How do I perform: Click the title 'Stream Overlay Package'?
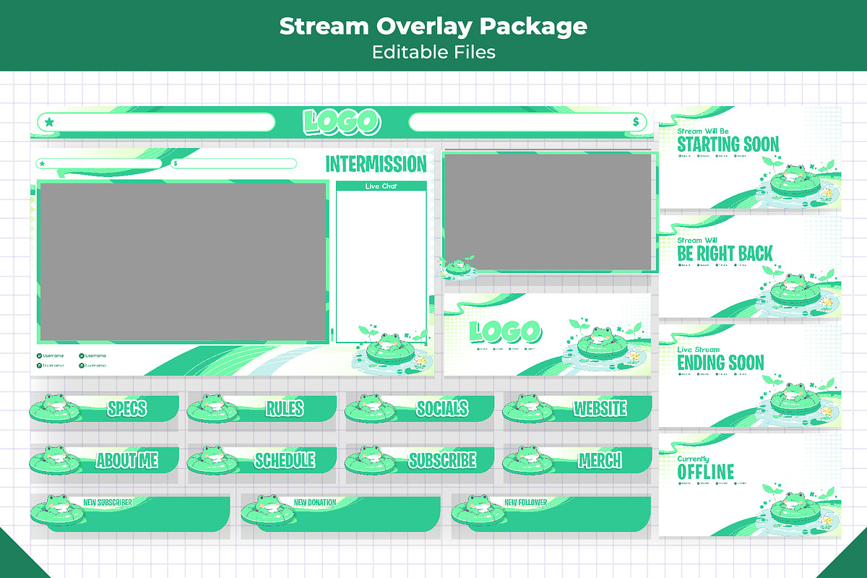pos(433,27)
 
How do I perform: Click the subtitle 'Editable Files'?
pos(433,52)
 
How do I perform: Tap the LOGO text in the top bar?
pos(341,122)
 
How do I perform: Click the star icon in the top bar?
pos(48,122)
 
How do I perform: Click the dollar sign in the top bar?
pos(635,122)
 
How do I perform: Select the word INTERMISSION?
pos(376,164)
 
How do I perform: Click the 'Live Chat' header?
pos(381,186)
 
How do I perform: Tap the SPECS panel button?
pos(126,409)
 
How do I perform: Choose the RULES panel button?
pos(284,409)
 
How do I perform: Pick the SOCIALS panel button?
pos(441,409)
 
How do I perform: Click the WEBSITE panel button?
pos(600,409)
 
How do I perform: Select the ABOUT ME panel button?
pos(126,460)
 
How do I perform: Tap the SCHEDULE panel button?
pos(284,460)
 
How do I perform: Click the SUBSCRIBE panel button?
pos(441,460)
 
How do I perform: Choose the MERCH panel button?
pos(600,460)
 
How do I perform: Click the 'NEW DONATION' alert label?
pos(315,502)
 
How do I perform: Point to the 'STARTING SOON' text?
pos(728,144)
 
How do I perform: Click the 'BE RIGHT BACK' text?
pos(725,254)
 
